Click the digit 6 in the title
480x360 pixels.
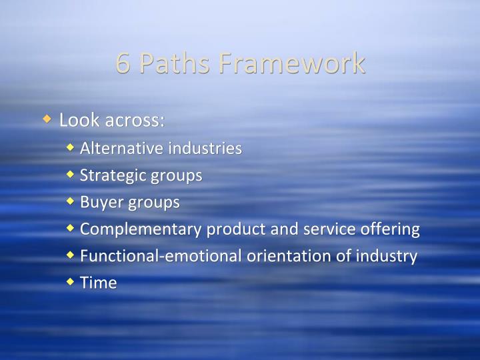[123, 63]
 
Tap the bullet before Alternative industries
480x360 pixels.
[71, 148]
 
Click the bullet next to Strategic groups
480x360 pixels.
[71, 175]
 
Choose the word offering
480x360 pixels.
[393, 229]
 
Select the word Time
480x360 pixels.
[98, 283]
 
